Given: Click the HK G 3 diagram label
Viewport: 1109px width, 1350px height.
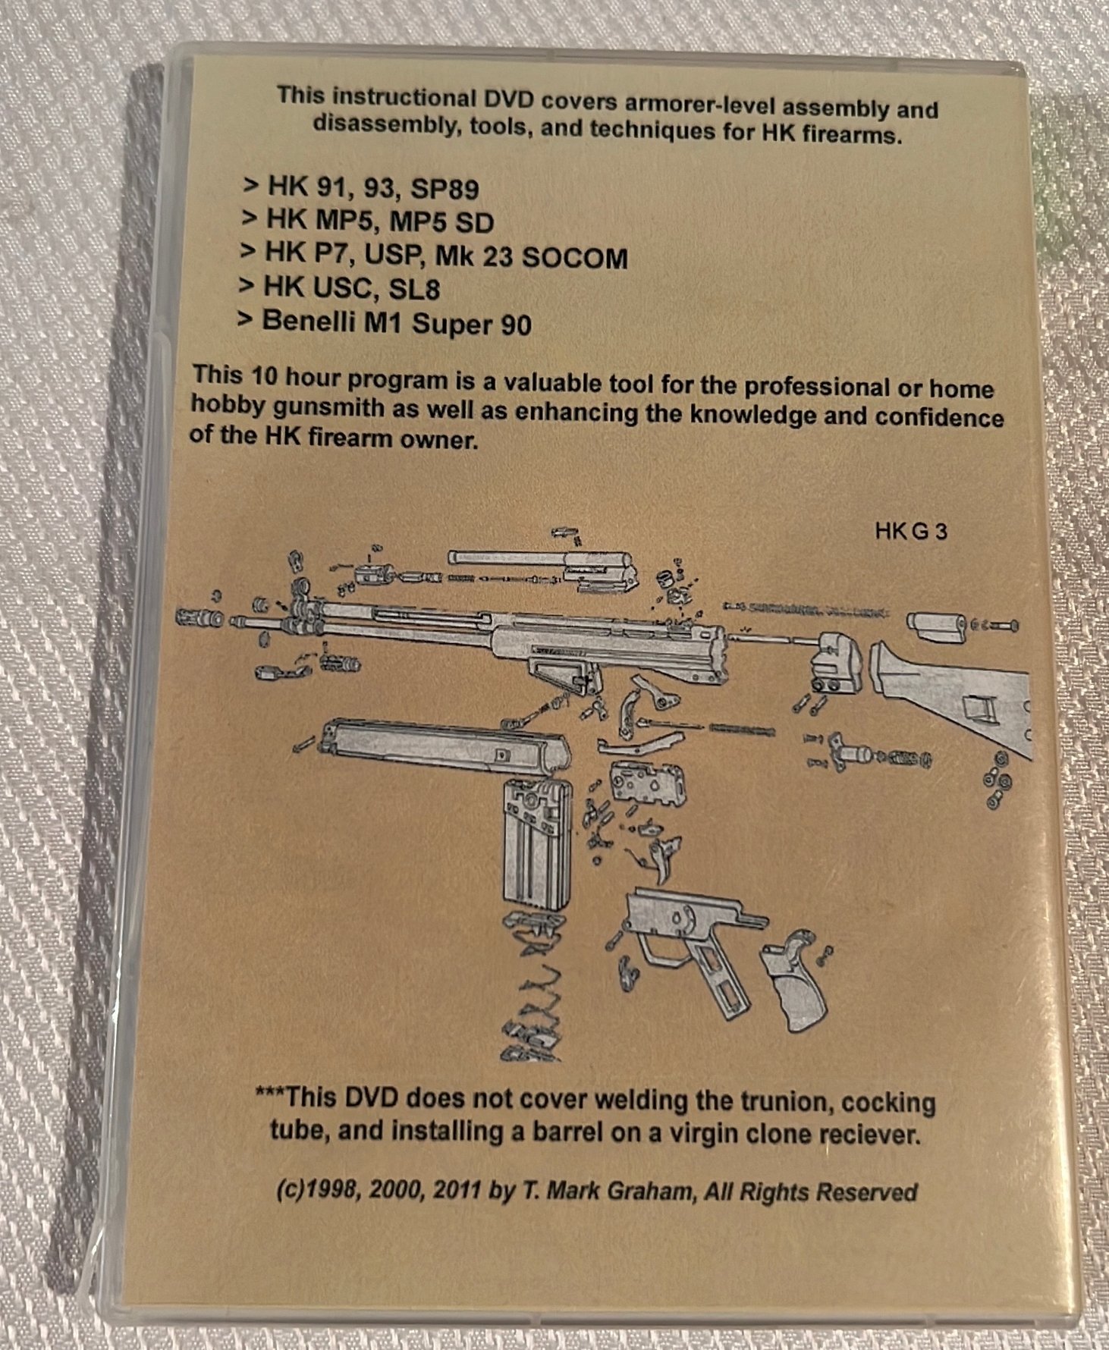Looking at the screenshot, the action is click(910, 532).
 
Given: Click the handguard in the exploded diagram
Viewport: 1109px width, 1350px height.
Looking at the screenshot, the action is click(444, 750).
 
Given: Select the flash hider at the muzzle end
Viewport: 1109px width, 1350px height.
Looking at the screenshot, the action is click(199, 617).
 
